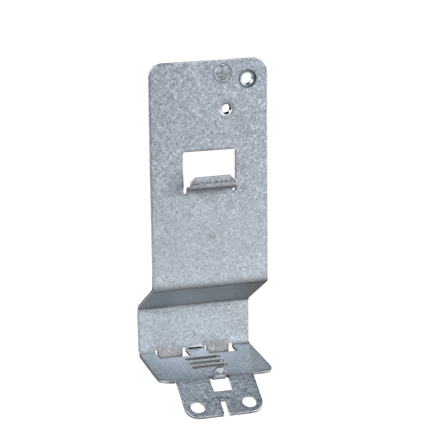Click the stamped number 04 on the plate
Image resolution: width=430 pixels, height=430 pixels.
[x=212, y=236]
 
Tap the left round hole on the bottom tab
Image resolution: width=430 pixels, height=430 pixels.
[x=199, y=407]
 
